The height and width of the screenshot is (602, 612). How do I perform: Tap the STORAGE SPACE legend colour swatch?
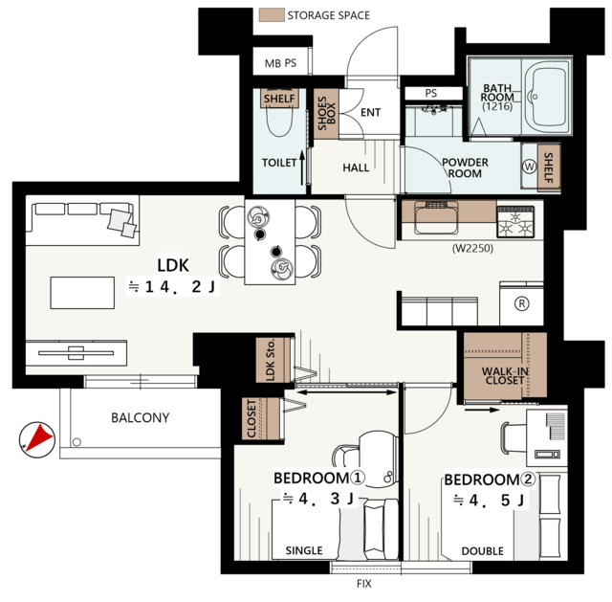272,15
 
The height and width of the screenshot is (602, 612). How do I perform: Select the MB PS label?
280,63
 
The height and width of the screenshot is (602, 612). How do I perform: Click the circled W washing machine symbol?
529,167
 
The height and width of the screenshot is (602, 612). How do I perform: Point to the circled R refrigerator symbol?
522,303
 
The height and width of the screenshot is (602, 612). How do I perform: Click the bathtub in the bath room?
546,97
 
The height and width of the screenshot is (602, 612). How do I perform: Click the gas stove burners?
515,222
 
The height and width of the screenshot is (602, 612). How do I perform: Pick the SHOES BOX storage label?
327,113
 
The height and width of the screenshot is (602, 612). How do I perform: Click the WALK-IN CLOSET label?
505,375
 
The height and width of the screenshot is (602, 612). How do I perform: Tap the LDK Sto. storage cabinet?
273,360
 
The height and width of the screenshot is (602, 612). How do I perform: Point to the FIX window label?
363,584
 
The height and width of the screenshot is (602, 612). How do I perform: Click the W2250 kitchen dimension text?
472,248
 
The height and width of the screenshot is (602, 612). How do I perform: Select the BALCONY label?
141,417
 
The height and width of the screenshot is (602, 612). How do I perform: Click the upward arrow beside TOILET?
302,168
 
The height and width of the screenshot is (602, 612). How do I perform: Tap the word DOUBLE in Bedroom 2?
482,551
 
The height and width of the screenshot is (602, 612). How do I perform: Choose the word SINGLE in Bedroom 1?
304,550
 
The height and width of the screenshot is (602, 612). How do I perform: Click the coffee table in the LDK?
82,293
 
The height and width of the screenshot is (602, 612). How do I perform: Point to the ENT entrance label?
370,113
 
